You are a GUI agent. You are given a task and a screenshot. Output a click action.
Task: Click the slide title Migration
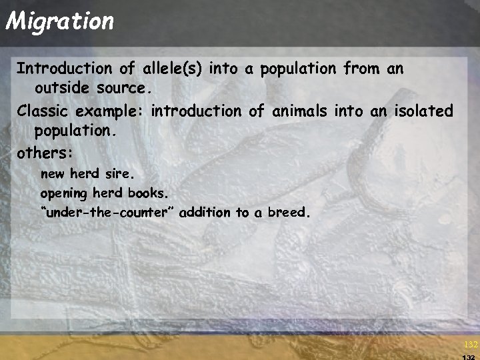[x=60, y=21]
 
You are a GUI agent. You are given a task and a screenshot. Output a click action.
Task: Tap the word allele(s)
[x=172, y=68]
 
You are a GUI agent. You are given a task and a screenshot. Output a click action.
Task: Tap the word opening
[x=63, y=194]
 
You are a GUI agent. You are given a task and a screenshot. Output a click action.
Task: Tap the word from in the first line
[x=361, y=68]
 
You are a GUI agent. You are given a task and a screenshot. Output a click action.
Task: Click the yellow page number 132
[x=471, y=345]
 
